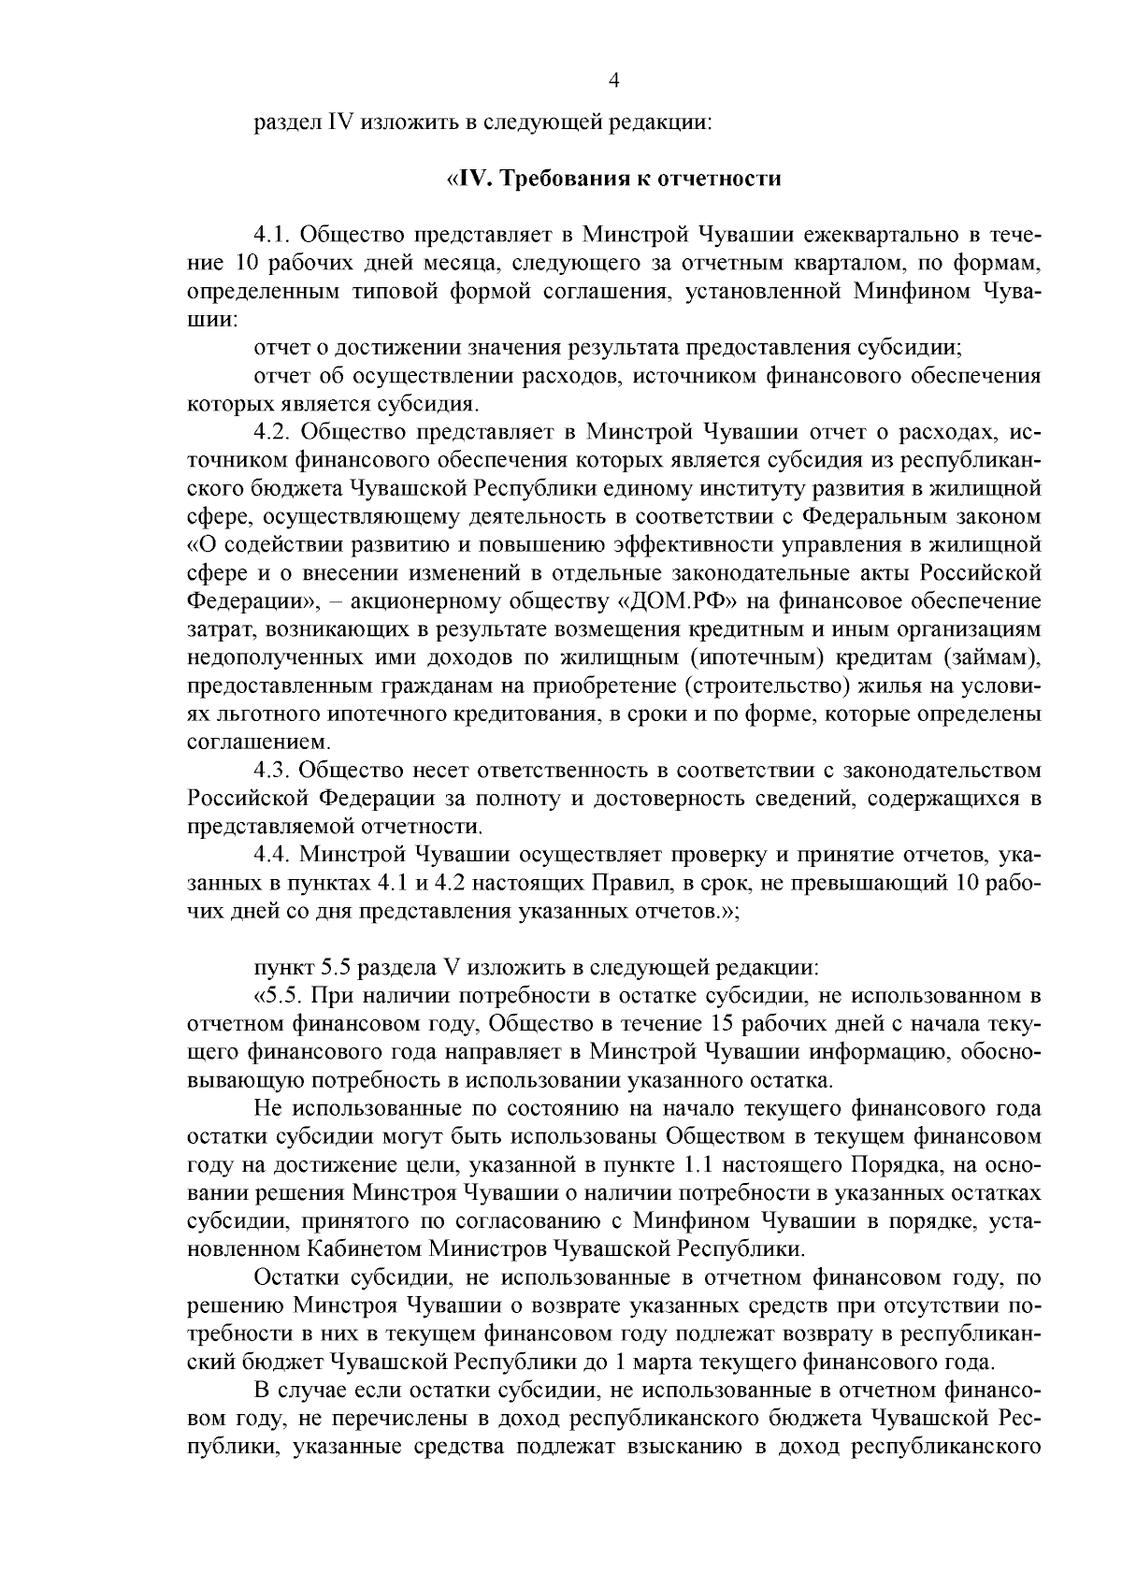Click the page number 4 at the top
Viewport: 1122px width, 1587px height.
pyautogui.click(x=613, y=81)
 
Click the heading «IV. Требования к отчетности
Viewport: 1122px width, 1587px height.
pyautogui.click(x=613, y=178)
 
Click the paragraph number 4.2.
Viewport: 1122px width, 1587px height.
pyautogui.click(x=272, y=431)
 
